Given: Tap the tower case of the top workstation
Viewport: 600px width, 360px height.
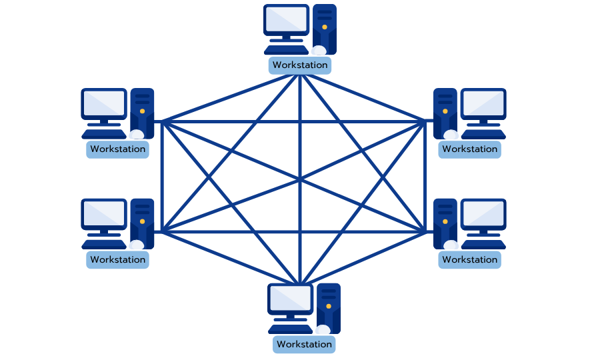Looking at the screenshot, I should pyautogui.click(x=325, y=29).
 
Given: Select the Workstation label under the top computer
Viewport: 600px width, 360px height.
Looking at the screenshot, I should pyautogui.click(x=300, y=65).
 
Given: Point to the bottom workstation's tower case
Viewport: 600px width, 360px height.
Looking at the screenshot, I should pyautogui.click(x=329, y=307).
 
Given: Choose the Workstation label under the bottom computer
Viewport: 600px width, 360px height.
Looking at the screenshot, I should pyautogui.click(x=304, y=344).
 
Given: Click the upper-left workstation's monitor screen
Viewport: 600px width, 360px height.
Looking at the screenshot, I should pyautogui.click(x=104, y=104).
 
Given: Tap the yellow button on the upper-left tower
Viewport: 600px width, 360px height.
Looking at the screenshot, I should pyautogui.click(x=141, y=111).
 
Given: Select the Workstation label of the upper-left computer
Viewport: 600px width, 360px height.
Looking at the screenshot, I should pyautogui.click(x=117, y=149).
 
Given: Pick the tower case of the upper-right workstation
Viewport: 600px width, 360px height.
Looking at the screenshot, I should pyautogui.click(x=445, y=112).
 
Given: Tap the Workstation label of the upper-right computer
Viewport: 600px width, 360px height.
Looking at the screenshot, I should pyautogui.click(x=469, y=149).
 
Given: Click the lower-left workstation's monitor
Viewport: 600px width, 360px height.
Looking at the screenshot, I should pyautogui.click(x=104, y=214).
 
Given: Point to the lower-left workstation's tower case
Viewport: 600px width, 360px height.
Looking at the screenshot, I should pyautogui.click(x=142, y=223).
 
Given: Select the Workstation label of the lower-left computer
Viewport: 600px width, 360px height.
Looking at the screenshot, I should pyautogui.click(x=117, y=259).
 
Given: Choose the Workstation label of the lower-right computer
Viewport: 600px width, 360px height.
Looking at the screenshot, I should pyautogui.click(x=469, y=259).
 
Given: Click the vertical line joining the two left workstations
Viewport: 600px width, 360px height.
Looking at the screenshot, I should pyautogui.click(x=162, y=176).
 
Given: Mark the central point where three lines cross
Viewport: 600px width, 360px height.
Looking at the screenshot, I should pyautogui.click(x=300, y=179).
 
